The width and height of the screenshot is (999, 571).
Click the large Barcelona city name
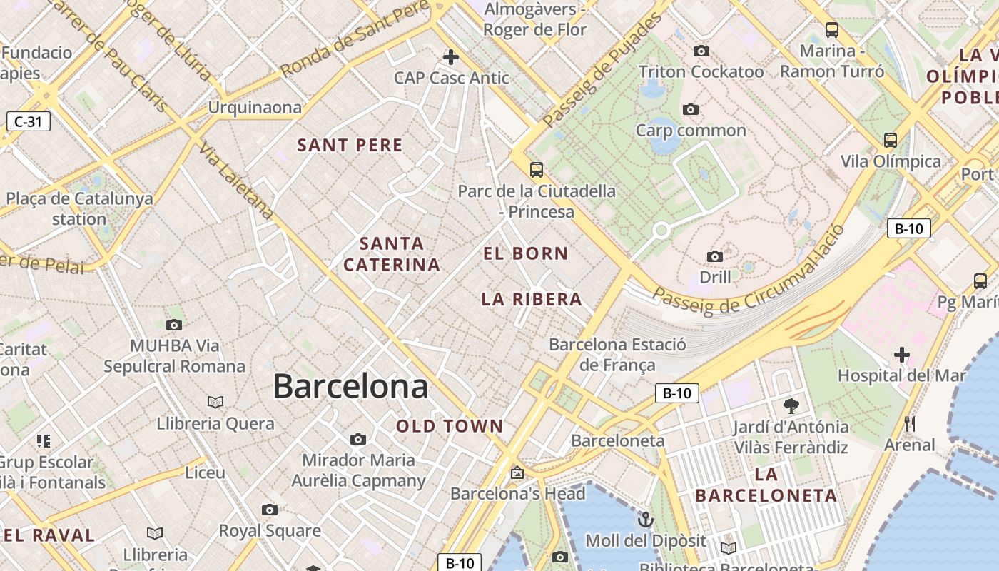[x=350, y=386]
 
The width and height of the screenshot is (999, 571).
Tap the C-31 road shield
[x=29, y=121]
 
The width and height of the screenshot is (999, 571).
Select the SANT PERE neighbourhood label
[x=350, y=145]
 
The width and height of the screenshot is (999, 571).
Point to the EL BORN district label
[x=525, y=253]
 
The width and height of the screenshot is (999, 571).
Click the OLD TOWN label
[x=450, y=426]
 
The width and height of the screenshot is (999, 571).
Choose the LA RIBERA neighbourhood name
[x=532, y=299]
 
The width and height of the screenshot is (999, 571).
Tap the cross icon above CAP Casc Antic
[x=451, y=56]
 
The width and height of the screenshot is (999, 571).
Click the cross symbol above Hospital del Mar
[x=901, y=354]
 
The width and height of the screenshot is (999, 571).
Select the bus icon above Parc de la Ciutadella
[x=536, y=169]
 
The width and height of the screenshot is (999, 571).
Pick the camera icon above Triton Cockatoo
[x=701, y=51]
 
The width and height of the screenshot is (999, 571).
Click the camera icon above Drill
[x=714, y=256]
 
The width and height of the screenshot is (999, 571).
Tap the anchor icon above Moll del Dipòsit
[x=645, y=519]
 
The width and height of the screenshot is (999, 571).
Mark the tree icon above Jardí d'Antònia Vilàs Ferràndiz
[x=791, y=406]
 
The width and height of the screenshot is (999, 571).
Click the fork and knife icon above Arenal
[x=909, y=423]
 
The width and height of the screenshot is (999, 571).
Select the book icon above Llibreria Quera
[x=215, y=402]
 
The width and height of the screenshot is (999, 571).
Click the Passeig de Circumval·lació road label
[x=749, y=275]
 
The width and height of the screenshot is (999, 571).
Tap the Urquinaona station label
[x=255, y=107]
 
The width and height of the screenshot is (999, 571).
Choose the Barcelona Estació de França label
[x=617, y=355]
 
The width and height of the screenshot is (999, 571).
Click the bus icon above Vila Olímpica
[x=890, y=139]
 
